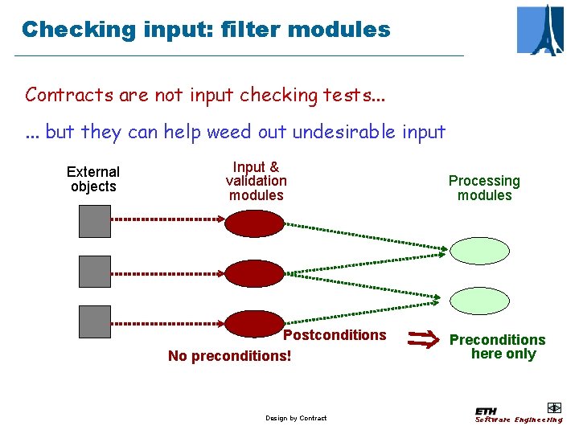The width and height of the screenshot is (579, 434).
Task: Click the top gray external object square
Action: (x=95, y=221)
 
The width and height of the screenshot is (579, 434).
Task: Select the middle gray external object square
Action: (x=95, y=272)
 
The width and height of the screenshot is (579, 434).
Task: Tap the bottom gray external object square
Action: (x=95, y=321)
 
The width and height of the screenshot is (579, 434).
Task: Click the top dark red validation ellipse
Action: (x=254, y=223)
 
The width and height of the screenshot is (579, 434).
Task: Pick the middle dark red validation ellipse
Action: (x=254, y=273)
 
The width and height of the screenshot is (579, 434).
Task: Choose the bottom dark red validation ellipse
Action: (x=254, y=323)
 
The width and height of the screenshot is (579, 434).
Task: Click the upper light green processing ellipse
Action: (x=479, y=250)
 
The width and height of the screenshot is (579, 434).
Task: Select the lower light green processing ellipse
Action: (x=479, y=300)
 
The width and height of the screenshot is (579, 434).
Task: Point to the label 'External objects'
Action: (x=93, y=179)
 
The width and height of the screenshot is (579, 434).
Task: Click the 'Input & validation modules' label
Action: (x=256, y=181)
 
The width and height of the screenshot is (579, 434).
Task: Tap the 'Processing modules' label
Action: (x=484, y=188)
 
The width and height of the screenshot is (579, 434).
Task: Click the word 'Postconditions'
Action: (x=335, y=335)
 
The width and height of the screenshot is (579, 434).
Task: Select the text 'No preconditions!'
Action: (x=229, y=355)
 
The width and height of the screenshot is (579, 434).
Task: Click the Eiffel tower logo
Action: (x=540, y=30)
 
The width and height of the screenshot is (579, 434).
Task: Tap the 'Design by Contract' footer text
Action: (x=296, y=418)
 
